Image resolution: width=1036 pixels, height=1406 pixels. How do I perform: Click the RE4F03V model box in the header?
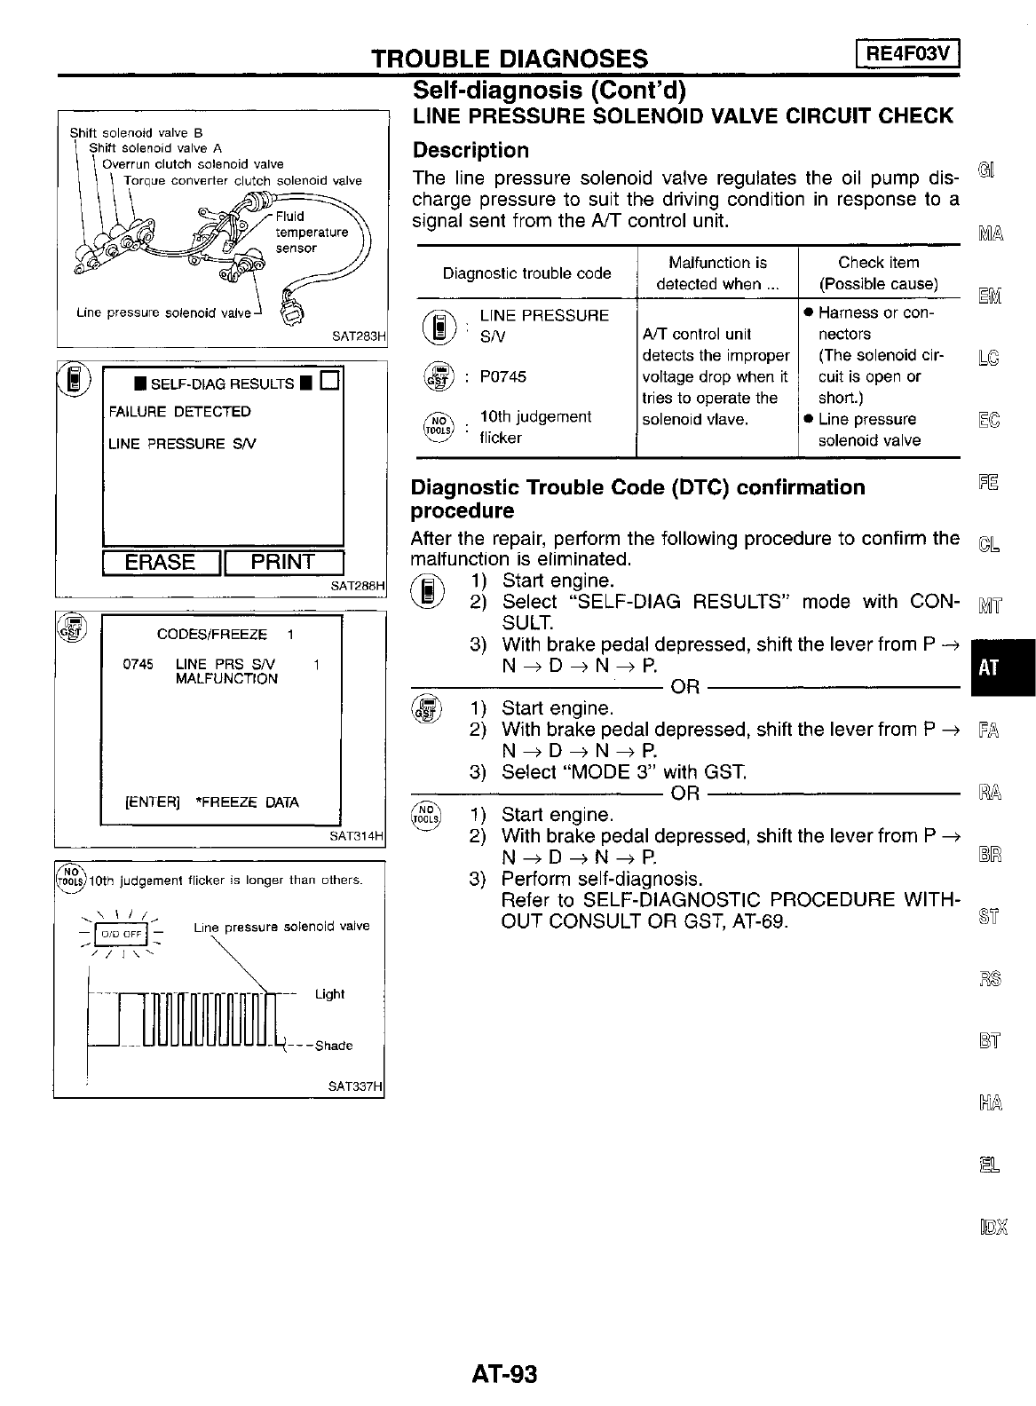click(x=908, y=55)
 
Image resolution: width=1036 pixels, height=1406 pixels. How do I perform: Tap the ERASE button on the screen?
click(x=161, y=563)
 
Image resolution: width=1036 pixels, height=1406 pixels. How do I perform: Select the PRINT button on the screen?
click(x=283, y=563)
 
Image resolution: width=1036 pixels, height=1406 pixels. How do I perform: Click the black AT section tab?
click(x=988, y=667)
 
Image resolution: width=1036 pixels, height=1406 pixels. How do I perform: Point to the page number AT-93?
click(x=504, y=1374)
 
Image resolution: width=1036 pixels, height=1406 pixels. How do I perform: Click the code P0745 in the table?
click(x=502, y=376)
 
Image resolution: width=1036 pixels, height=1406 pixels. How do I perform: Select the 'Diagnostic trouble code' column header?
click(x=526, y=273)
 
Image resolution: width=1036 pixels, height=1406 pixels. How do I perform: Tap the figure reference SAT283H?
click(x=358, y=336)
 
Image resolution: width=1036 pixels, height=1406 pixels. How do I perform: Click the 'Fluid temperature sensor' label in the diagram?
click(x=311, y=232)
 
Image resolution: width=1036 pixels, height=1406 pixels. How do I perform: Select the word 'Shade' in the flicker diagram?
click(x=334, y=1046)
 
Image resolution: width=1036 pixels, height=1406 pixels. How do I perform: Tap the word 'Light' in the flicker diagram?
click(x=329, y=994)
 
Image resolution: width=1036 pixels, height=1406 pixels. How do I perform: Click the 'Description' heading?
click(x=471, y=150)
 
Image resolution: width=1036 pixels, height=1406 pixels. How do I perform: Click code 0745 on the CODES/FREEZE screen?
click(x=138, y=664)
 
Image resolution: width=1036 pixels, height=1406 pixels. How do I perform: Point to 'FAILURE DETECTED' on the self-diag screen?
click(x=179, y=412)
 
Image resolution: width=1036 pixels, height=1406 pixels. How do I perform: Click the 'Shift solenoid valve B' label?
click(x=137, y=133)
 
